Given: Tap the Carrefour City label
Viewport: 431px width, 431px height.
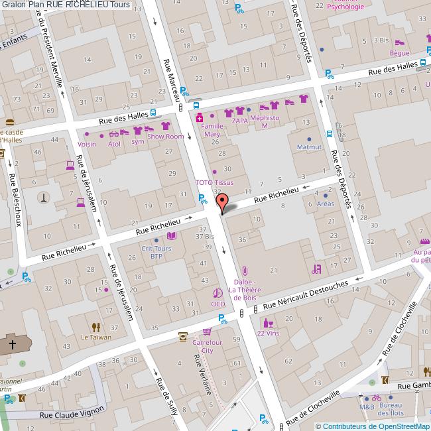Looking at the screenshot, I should coord(207,346).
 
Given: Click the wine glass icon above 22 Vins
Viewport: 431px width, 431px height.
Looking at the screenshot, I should coord(268,324).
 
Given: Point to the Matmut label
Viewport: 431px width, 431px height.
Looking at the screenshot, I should coord(309,146).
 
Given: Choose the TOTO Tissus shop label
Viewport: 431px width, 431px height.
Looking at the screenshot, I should coord(214,182).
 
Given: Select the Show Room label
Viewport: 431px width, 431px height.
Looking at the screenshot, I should coord(165,137).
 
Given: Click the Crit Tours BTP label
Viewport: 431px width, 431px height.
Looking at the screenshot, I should coord(156,252).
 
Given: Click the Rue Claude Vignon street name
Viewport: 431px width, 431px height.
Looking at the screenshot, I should coord(72,411).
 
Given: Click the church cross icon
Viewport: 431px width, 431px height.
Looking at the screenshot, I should coord(12,345).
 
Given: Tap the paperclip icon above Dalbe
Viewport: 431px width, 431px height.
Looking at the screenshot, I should coord(245,271).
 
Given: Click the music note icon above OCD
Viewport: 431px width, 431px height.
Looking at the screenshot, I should coord(217,293).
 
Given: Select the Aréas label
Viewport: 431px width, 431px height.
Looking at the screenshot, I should coord(326,204).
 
